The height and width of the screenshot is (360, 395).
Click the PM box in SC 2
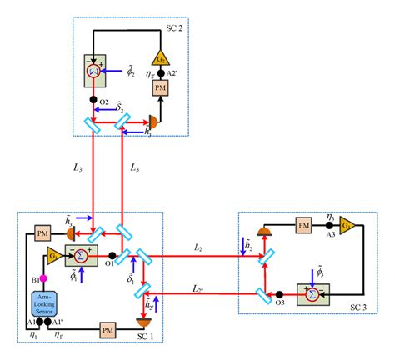(160, 89)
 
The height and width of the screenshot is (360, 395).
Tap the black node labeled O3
(280, 292)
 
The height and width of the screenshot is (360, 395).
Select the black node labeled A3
(329, 226)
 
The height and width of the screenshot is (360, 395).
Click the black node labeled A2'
(160, 73)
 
